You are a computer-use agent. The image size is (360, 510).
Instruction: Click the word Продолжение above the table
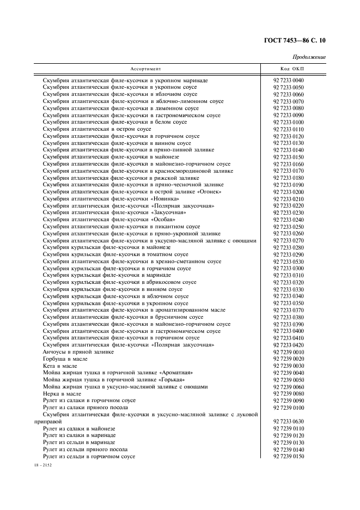pyautogui.click(x=309, y=57)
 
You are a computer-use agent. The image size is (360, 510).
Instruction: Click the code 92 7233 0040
pyautogui.click(x=289, y=81)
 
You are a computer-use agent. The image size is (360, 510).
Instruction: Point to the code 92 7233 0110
pyautogui.click(x=289, y=129)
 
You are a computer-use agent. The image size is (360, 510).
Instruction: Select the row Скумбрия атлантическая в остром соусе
pyautogui.click(x=97, y=129)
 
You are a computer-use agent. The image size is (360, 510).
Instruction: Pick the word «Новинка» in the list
pyautogui.click(x=166, y=199)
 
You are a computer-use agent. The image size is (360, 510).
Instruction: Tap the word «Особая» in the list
pyautogui.click(x=163, y=220)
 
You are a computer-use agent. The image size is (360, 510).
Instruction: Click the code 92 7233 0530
pyautogui.click(x=289, y=262)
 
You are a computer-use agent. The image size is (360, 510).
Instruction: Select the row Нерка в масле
pyautogui.click(x=62, y=394)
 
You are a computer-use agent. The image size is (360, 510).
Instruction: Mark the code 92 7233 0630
pyautogui.click(x=289, y=422)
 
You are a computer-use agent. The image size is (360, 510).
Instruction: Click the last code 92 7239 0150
pyautogui.click(x=289, y=457)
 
